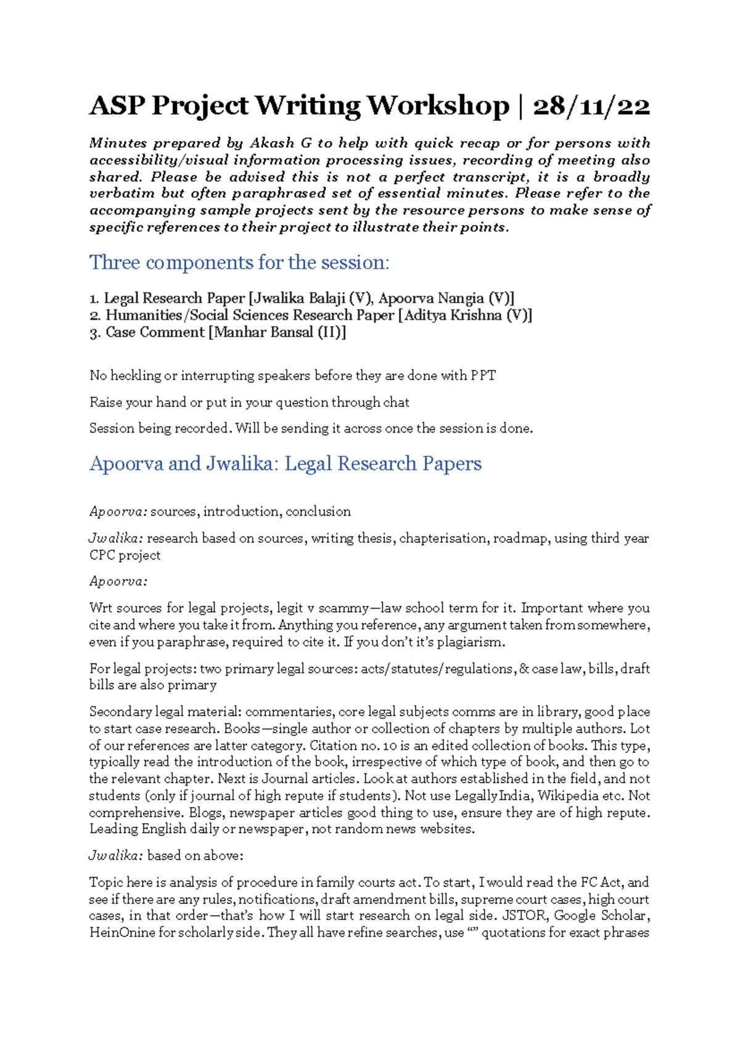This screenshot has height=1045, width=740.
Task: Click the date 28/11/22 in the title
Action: point(591,106)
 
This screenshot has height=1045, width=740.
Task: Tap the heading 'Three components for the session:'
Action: point(239,262)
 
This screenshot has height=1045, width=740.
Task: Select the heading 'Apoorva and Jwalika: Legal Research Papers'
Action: point(286,463)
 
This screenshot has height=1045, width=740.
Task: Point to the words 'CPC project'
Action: point(125,555)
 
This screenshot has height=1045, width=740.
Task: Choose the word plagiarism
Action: point(472,642)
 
